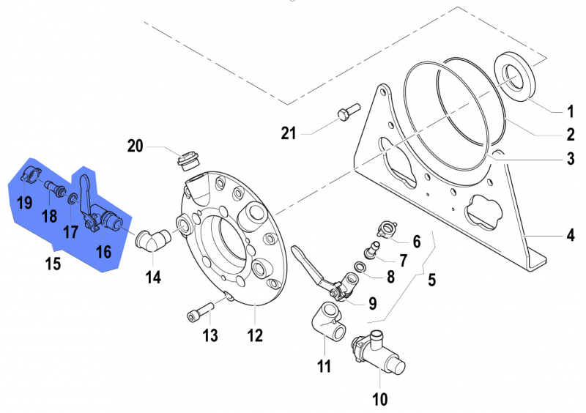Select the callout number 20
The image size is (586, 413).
coord(135,146)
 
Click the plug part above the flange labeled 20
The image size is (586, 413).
coord(190,159)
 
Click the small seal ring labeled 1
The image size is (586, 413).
coord(518,77)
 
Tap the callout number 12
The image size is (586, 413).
coord(254,336)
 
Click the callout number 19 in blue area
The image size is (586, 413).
coord(24,202)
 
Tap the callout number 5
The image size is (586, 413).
coord(431,279)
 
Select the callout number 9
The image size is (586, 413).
coord(373,302)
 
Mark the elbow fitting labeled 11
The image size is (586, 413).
coord(327,323)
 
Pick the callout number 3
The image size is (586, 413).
coord(569,157)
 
